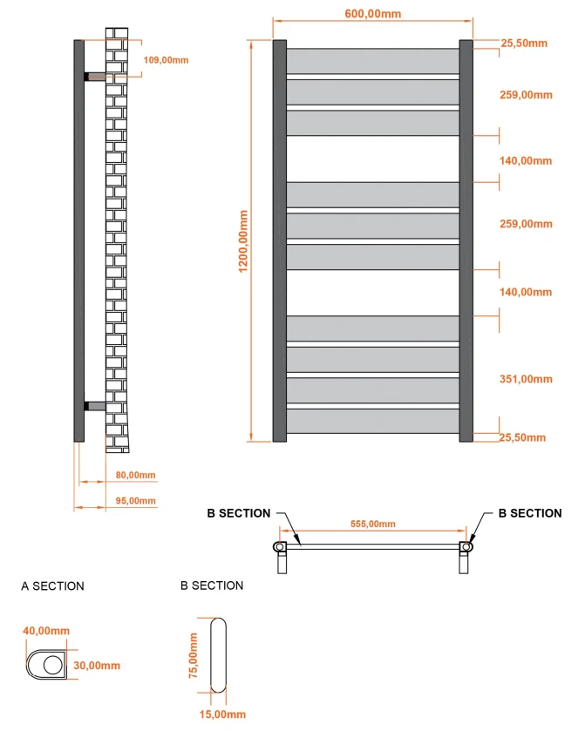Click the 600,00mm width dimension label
click(x=372, y=13)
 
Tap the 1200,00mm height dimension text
click(x=244, y=239)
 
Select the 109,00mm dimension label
click(x=165, y=59)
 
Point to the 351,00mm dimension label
click(x=526, y=379)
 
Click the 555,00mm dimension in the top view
click(x=373, y=524)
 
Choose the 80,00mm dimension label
click(x=135, y=475)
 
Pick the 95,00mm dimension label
click(x=135, y=500)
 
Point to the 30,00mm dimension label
click(x=98, y=666)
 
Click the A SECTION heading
click(x=52, y=586)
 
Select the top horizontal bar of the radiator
click(x=372, y=61)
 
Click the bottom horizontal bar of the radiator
click(x=372, y=422)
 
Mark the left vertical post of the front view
click(x=280, y=240)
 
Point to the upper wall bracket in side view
click(x=94, y=77)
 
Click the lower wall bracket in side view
click(x=94, y=406)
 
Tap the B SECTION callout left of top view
click(x=238, y=513)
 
